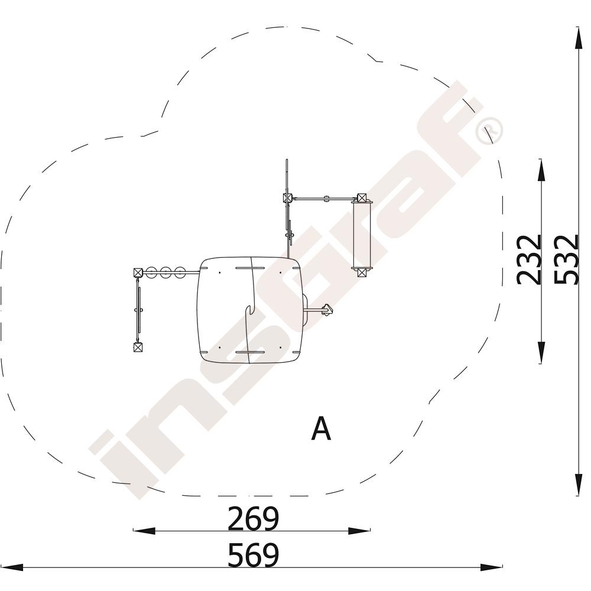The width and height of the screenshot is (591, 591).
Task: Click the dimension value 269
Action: pyautogui.click(x=253, y=519)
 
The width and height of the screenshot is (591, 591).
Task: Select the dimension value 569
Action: pyautogui.click(x=253, y=555)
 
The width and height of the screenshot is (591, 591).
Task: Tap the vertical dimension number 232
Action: pyautogui.click(x=528, y=259)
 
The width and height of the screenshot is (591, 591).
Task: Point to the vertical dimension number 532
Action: pyautogui.click(x=566, y=259)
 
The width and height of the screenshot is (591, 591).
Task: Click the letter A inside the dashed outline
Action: pyautogui.click(x=321, y=428)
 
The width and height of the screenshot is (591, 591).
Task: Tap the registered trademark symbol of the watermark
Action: pyautogui.click(x=489, y=131)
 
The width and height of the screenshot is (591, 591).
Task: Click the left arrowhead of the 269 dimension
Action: pyautogui.click(x=144, y=531)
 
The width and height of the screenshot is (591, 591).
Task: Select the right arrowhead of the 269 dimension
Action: pyautogui.click(x=359, y=531)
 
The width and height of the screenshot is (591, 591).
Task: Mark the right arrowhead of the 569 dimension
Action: pyautogui.click(x=492, y=567)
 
